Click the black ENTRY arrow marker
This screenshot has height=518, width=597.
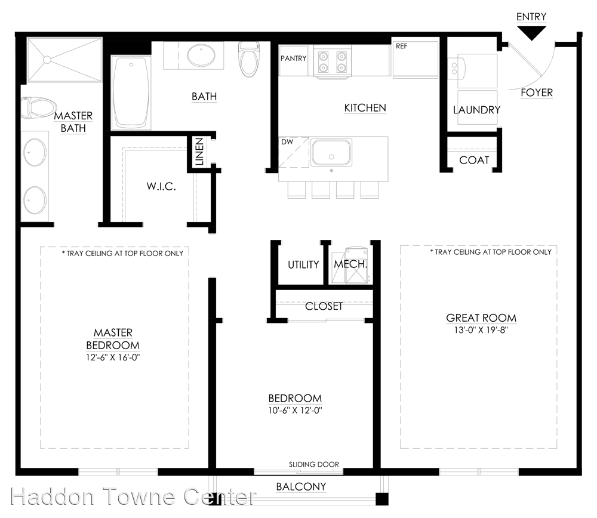531,34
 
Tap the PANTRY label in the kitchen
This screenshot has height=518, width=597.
293,58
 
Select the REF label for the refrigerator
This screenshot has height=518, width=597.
402,46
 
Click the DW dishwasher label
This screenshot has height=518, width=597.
287,143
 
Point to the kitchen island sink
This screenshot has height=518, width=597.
331,152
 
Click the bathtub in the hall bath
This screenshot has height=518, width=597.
131,92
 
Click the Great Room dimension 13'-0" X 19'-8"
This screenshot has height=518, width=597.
481,330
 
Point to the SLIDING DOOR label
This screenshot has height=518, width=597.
314,464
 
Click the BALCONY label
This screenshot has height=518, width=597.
301,486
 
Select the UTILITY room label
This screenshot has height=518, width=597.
303,264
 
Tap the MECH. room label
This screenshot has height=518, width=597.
350,264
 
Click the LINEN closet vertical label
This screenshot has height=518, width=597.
199,152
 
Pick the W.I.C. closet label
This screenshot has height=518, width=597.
161,186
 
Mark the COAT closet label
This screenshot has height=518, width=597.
474,160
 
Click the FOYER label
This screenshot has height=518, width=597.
537,92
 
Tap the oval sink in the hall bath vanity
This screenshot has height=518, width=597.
202,55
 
